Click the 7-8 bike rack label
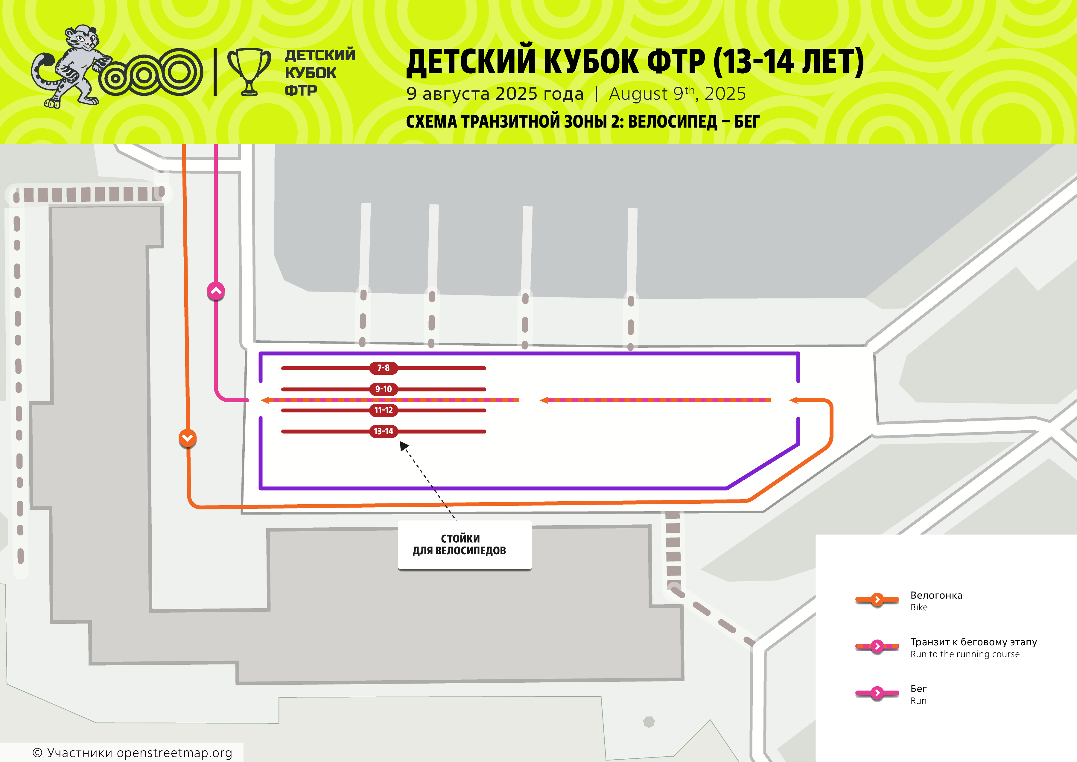[383, 368]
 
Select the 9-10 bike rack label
[383, 389]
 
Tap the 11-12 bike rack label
[383, 410]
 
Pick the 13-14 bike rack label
[383, 431]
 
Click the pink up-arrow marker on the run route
[216, 291]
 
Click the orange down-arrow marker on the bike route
[188, 438]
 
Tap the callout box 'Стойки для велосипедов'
[464, 545]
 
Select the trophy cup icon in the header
[249, 72]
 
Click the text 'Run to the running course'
[965, 654]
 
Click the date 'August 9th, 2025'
[677, 93]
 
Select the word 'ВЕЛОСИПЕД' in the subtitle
[673, 122]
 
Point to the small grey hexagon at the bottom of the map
[649, 722]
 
